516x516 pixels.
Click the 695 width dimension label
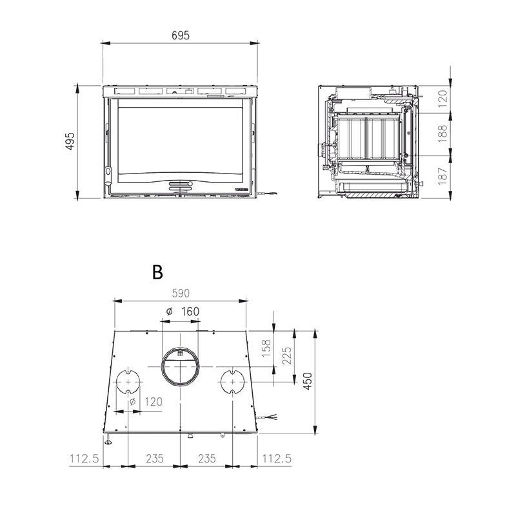point(181,35)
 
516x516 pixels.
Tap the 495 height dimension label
point(70,141)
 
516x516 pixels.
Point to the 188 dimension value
point(443,134)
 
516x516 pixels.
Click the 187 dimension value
point(443,175)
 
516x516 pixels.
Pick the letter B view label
point(157,272)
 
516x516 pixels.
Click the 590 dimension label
point(181,293)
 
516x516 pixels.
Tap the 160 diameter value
point(190,312)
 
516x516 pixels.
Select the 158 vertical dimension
point(266,348)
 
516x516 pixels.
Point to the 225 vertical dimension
point(287,355)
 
